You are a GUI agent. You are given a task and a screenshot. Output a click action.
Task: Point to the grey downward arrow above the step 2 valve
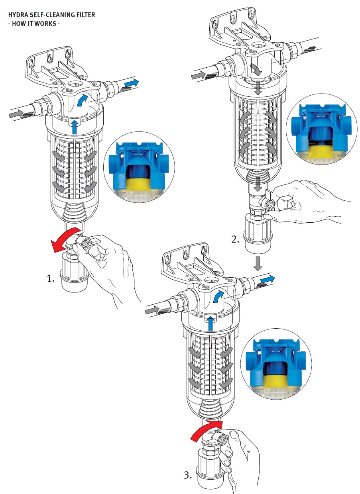click(258, 184)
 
